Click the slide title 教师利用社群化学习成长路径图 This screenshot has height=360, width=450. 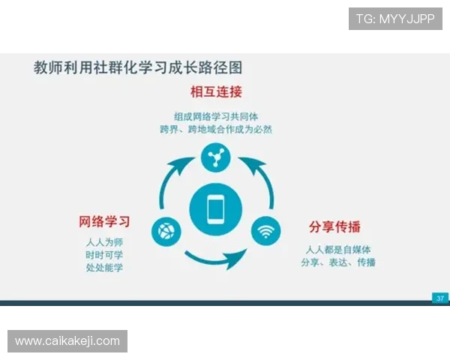pos(138,67)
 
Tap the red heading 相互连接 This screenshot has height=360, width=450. pos(216,92)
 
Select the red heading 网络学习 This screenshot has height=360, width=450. pos(105,221)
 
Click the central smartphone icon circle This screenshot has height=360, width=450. pos(215,209)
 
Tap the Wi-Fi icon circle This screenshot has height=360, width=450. pos(265,231)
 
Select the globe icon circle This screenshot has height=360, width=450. pos(166,231)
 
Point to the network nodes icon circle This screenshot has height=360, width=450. pos(216,156)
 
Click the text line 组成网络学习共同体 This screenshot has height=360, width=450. pos(216,116)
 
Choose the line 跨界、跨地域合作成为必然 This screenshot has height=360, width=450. pos(216,129)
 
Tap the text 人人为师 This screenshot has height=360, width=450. pos(104,242)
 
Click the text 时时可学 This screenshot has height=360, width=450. pos(104,255)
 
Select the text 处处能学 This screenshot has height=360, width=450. pos(104,268)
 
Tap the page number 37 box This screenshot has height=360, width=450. pos(440,298)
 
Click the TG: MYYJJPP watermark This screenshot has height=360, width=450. pos(394,19)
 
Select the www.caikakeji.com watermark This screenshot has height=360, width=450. pos(67,341)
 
